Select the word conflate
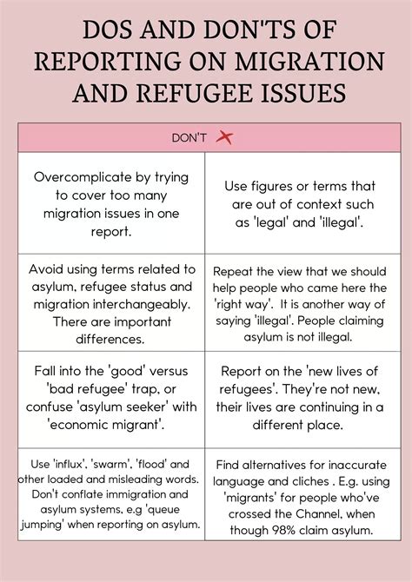(74, 493)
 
